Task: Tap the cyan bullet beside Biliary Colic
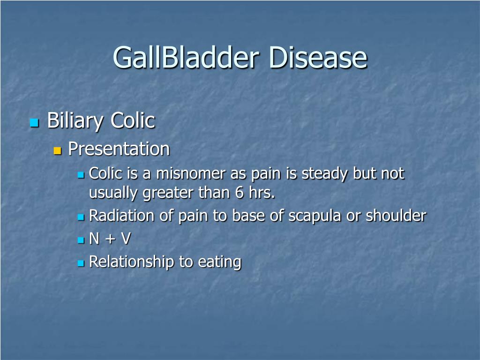pyautogui.click(x=34, y=123)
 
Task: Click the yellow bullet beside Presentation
pyautogui.click(x=58, y=151)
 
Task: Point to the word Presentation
pyautogui.click(x=119, y=150)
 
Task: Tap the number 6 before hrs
pyautogui.click(x=240, y=193)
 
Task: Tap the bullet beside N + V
pyautogui.click(x=80, y=240)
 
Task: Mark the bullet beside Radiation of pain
pyautogui.click(x=80, y=217)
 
